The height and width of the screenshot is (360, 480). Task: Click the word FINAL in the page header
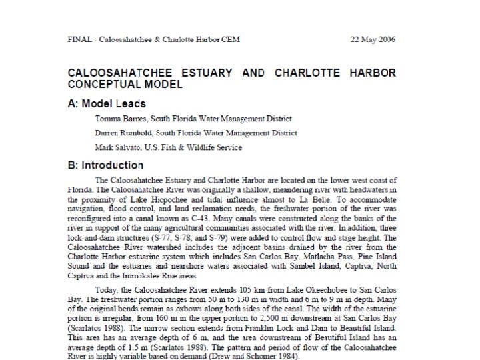80,39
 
